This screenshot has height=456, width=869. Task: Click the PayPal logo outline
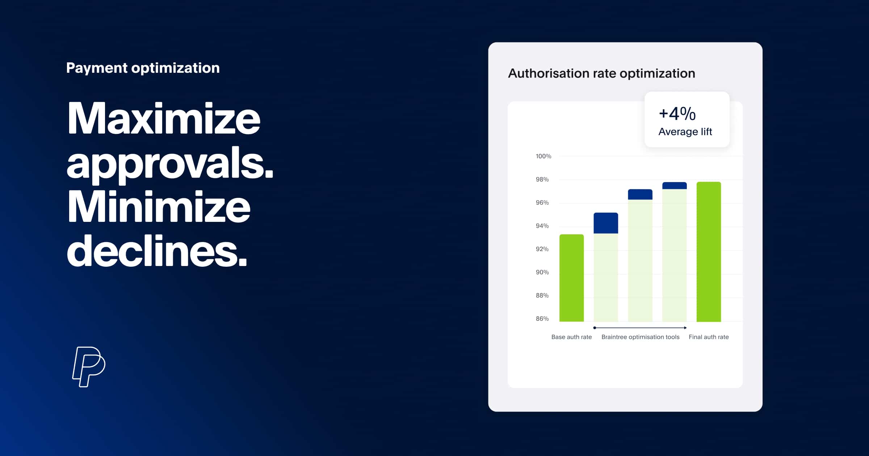coord(89,367)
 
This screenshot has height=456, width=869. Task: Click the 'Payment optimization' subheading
coord(143,68)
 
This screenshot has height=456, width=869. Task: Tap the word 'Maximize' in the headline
coord(163,118)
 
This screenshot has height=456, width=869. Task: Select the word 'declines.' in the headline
coord(157,250)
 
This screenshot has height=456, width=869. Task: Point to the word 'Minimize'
coord(159,207)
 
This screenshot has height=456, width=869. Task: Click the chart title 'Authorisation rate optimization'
coord(601,73)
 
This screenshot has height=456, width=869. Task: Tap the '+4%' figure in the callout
coord(677,114)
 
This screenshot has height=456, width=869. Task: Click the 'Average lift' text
coord(685,132)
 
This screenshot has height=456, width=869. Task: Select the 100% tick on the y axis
coord(543,156)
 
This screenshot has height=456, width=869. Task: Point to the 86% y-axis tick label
coord(542,319)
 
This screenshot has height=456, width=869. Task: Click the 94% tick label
coord(542,226)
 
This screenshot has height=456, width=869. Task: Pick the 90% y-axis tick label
coord(542,272)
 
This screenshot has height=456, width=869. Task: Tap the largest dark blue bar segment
coord(606,223)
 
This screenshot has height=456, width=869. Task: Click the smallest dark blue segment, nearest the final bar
coord(674,186)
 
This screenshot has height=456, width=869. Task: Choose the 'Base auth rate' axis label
coord(571,337)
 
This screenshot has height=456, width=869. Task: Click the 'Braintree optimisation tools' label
coord(640,337)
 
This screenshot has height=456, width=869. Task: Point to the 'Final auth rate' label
coord(709,337)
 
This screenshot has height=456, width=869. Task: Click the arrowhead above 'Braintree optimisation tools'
coord(685,328)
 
